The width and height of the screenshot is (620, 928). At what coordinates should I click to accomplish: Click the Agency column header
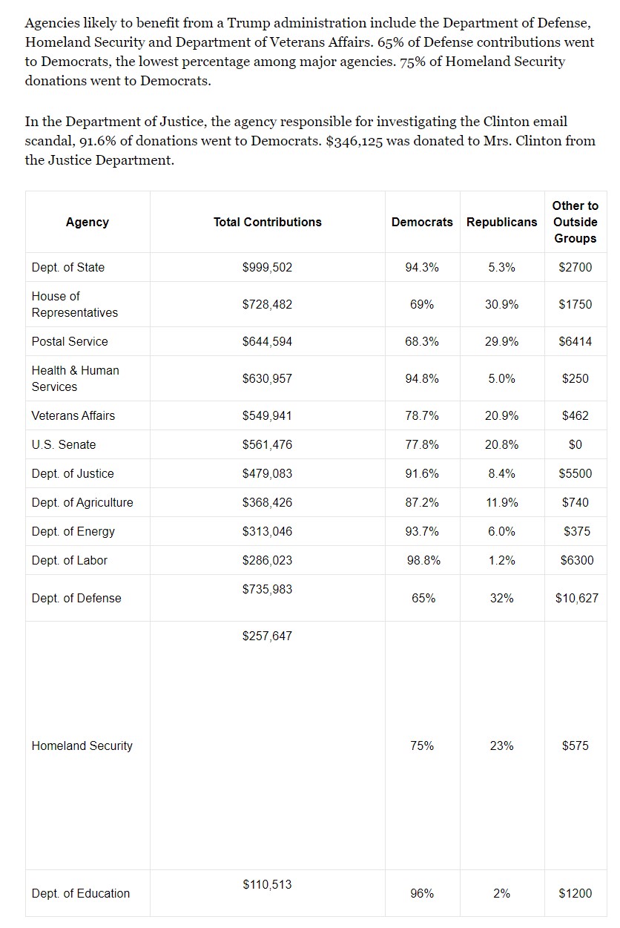[87, 222]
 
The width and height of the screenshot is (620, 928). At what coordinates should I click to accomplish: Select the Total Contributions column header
[267, 222]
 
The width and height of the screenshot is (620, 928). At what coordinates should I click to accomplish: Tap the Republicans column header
[501, 222]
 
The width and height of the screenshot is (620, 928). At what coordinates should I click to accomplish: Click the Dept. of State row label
[68, 267]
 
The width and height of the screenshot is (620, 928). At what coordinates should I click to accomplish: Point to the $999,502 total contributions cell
[267, 267]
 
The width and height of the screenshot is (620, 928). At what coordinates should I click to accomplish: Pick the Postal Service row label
[70, 341]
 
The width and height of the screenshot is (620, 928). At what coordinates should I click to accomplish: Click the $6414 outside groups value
[575, 341]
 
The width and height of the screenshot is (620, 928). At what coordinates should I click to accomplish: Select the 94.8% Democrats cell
[422, 378]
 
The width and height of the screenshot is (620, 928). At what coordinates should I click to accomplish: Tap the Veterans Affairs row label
[73, 415]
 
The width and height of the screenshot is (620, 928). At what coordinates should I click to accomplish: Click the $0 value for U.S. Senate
[575, 444]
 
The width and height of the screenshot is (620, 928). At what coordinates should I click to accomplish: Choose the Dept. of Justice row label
[73, 473]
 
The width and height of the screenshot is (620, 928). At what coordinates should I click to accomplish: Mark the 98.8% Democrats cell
[423, 560]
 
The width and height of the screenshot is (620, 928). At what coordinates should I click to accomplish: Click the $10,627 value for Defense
[576, 598]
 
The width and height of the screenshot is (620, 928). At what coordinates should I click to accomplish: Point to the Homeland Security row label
[82, 746]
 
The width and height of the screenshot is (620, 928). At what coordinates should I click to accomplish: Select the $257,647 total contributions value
[267, 636]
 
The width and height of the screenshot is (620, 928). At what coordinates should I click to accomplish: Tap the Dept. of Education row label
[81, 893]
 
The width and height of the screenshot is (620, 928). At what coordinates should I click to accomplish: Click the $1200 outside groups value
[575, 893]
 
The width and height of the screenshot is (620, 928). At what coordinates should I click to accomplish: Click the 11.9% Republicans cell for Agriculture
[501, 502]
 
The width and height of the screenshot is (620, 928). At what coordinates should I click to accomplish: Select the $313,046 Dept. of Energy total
[267, 531]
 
